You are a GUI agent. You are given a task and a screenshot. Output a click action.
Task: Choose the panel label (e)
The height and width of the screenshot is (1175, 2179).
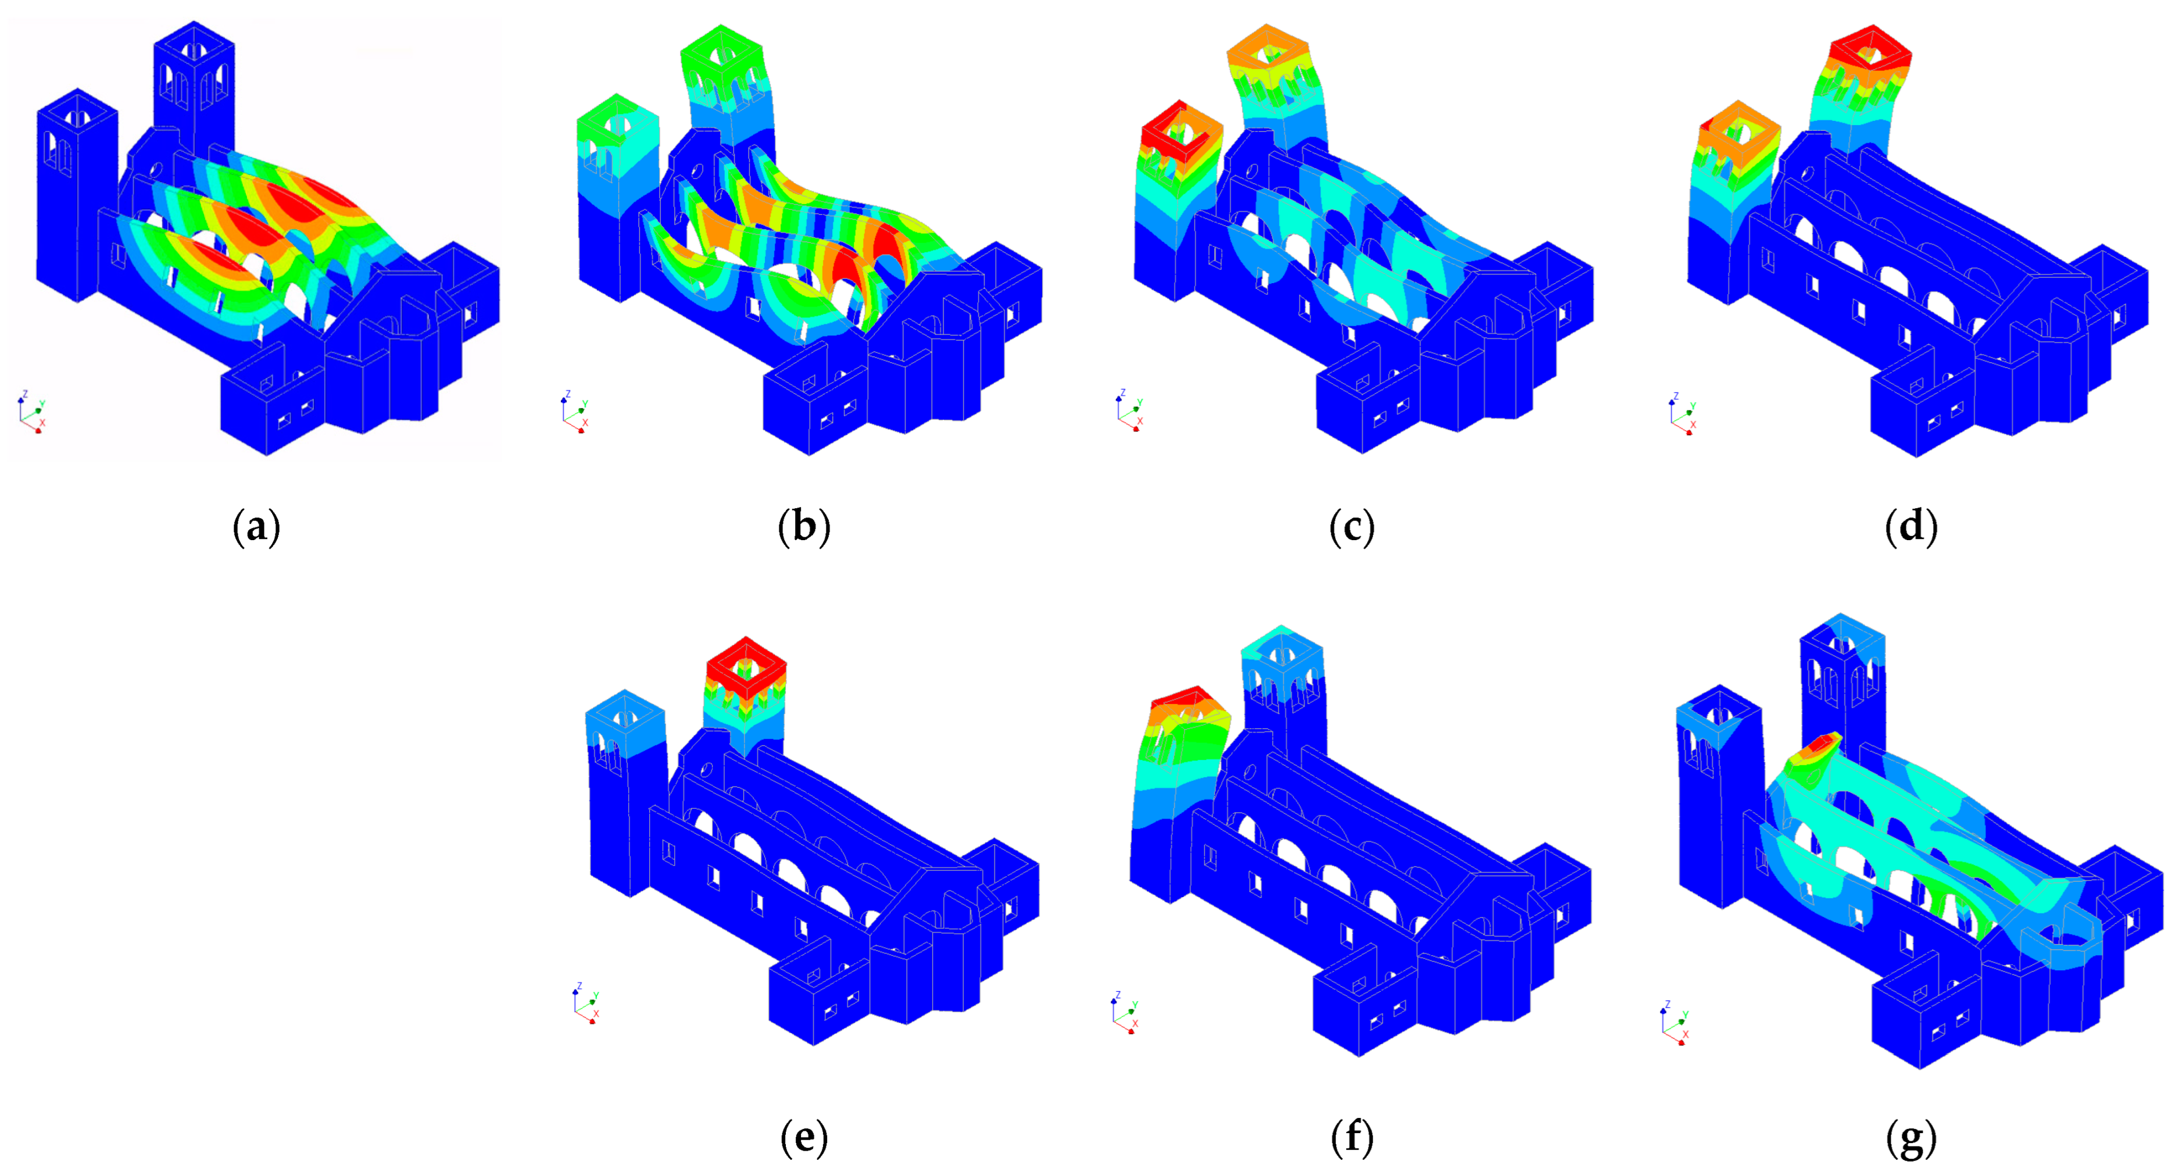(804, 1138)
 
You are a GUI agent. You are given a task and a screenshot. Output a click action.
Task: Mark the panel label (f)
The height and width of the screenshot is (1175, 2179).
(1352, 1138)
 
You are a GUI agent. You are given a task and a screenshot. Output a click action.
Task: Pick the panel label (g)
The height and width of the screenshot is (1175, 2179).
(1912, 1138)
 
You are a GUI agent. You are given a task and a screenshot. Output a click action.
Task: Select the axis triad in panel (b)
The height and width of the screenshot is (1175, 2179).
(574, 413)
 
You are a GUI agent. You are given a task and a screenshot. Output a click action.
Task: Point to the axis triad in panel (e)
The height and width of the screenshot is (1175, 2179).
(585, 1004)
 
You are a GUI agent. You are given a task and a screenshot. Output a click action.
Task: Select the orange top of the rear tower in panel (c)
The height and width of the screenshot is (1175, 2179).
(1266, 52)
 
